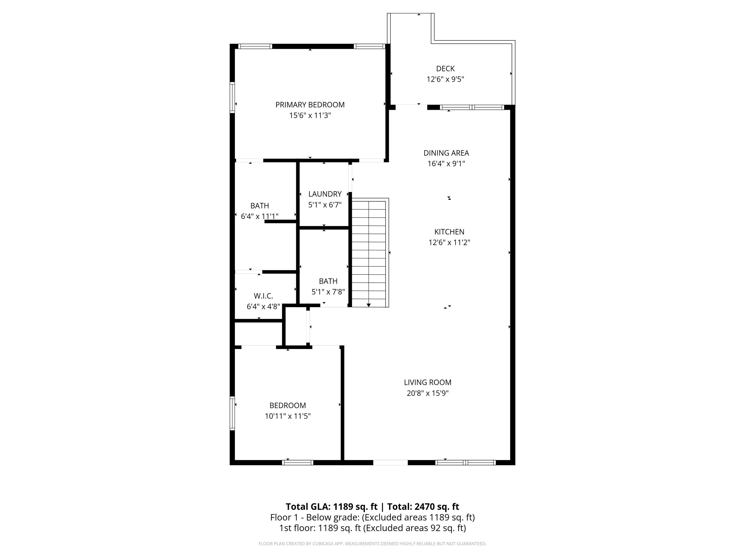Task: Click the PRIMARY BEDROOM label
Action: tap(310, 105)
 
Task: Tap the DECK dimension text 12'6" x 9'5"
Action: tap(445, 79)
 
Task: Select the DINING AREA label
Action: tap(446, 153)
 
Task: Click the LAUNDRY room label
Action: tap(325, 194)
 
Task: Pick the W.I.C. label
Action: tap(263, 296)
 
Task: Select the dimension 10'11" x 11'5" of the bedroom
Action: tap(287, 416)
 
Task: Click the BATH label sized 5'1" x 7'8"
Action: tap(328, 281)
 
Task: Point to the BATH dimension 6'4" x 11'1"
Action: tap(259, 216)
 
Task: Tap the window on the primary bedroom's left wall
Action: tap(232, 97)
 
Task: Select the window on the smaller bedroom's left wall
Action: tap(232, 413)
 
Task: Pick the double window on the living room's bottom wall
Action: tap(465, 463)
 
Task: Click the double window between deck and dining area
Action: tap(472, 107)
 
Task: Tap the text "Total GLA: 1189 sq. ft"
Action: tap(332, 507)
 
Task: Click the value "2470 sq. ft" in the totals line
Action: tap(437, 507)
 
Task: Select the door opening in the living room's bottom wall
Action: tap(390, 463)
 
